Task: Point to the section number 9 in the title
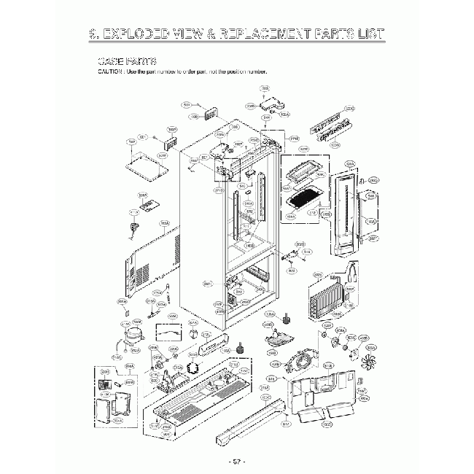(93, 34)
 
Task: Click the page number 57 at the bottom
(236, 462)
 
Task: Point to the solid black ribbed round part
(193, 368)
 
